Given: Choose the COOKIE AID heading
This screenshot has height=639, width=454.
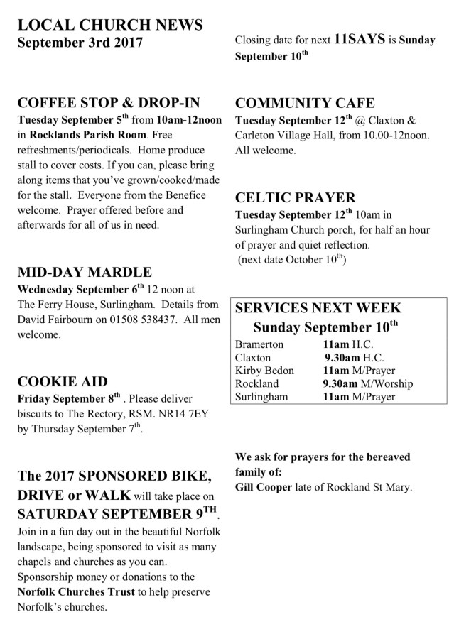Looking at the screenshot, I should tap(63, 381).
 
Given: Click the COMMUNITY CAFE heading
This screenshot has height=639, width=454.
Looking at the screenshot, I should tap(305, 102).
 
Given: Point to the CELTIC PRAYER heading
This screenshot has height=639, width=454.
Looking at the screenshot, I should tap(296, 198).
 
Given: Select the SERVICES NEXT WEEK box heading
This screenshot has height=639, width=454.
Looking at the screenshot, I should tap(318, 308).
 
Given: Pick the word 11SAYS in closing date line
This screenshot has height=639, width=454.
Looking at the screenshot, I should tap(360, 40).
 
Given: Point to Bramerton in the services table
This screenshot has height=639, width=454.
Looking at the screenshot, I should tap(259, 344).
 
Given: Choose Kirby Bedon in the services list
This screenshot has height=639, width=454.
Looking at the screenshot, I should tap(264, 371).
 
